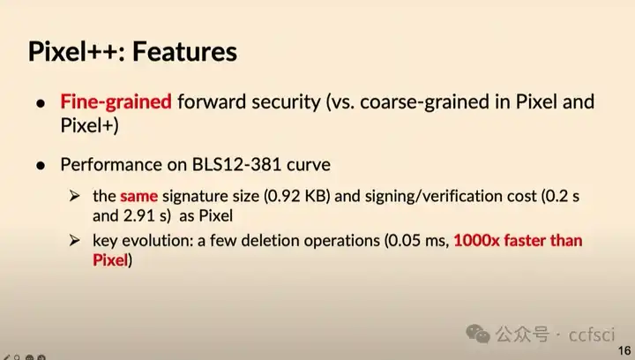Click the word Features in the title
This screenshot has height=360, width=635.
(186, 51)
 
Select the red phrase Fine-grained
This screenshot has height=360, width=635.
(116, 101)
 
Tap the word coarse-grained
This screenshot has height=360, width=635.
(425, 101)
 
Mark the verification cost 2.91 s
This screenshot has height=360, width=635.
(144, 215)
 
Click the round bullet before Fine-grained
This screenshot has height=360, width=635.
(41, 102)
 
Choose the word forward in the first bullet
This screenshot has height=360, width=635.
(207, 101)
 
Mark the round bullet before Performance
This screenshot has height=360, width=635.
(41, 165)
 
